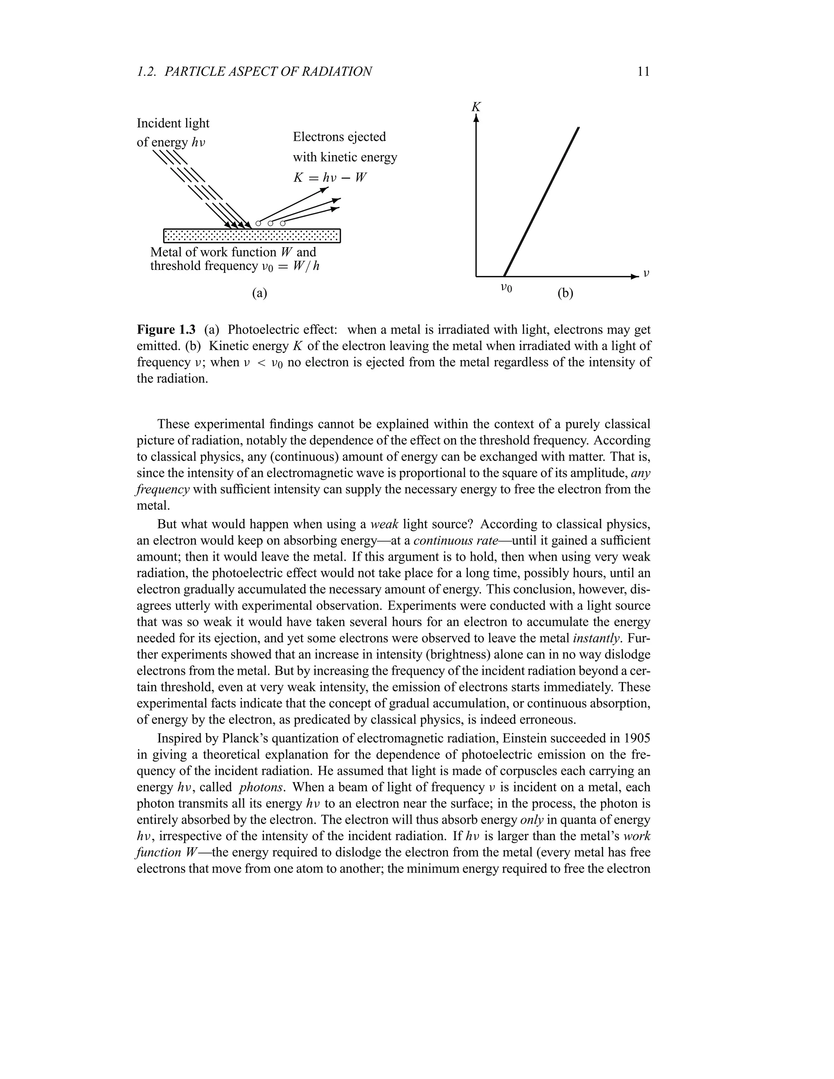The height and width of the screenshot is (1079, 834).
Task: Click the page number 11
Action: coord(643,72)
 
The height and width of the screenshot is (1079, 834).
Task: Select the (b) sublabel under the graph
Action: coord(565,294)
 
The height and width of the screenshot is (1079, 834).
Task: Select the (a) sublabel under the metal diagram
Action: coord(259,293)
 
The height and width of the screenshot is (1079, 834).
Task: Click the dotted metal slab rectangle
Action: coord(252,236)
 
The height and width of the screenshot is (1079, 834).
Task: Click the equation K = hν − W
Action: coord(329,178)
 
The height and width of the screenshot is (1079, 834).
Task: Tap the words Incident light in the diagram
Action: coord(173,123)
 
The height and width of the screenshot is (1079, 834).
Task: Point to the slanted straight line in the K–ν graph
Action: coord(541,202)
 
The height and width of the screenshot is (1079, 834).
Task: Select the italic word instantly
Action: coord(596,638)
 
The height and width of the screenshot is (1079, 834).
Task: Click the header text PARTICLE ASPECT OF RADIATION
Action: coord(268,72)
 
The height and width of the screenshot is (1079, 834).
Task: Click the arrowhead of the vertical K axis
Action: coord(476,118)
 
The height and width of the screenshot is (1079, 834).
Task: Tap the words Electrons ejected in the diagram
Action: coord(340,137)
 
